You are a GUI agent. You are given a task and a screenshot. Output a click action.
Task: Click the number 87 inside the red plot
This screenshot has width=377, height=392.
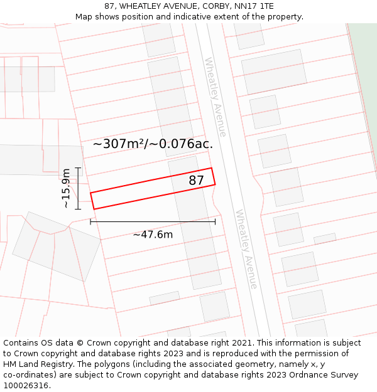point(197,181)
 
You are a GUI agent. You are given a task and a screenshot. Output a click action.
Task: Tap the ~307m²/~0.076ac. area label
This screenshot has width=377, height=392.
point(153,144)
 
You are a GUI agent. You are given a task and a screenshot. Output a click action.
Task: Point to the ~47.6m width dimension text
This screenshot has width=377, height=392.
point(153,235)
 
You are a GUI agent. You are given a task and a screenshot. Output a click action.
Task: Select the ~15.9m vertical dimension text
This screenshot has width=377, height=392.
point(66,188)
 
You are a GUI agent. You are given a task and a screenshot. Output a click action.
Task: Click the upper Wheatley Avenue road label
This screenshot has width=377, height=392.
point(215,97)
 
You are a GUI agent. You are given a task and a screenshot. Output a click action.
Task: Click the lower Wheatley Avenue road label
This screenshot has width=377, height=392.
point(246,249)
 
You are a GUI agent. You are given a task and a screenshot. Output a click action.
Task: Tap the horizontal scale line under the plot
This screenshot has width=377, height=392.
point(153,221)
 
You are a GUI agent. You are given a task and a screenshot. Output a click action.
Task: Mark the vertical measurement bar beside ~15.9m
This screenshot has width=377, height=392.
point(78,188)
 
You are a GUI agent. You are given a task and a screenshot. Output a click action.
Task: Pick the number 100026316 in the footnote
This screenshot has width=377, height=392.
point(25,386)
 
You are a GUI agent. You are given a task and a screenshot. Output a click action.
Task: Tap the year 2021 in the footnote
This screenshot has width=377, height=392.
point(239,343)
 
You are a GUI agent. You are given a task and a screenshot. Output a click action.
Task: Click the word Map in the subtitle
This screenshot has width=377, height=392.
point(84,16)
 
